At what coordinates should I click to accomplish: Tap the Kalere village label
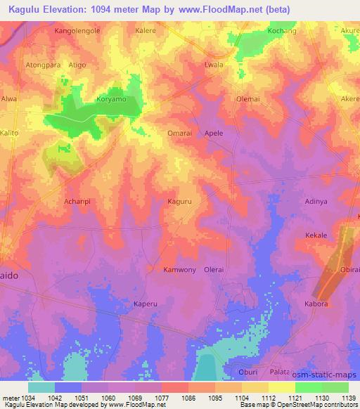[x=146, y=32]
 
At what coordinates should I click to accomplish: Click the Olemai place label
[x=248, y=99]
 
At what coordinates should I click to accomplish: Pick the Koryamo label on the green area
[x=110, y=100]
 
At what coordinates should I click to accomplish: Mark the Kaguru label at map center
[x=179, y=201]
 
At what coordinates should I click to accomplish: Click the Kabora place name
[x=316, y=304]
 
